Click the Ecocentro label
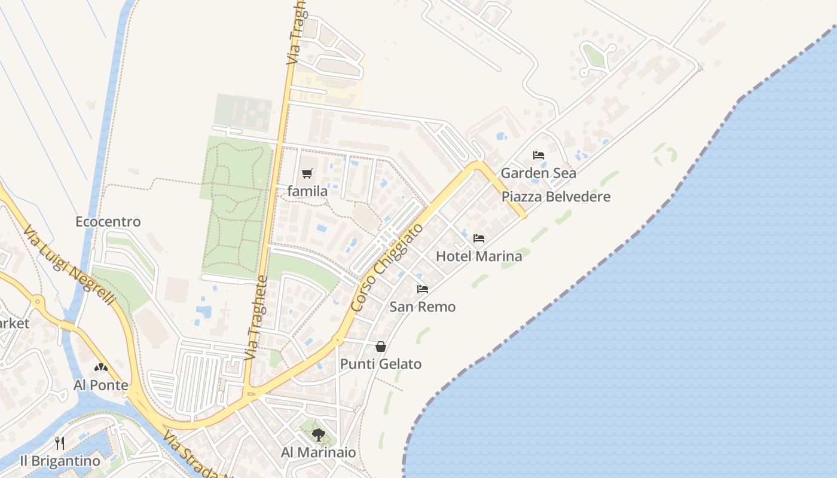coord(108,222)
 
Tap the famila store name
coord(307,191)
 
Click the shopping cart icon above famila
coord(307,174)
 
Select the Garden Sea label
coord(538,173)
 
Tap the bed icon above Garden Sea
coord(539,155)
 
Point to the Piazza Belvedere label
coord(556,197)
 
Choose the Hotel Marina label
coord(479,256)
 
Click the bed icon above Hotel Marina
coord(479,238)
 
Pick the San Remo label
coord(423,307)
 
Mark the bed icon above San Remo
coord(423,289)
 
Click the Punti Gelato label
coord(381,364)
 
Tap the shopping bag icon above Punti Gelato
coord(381,347)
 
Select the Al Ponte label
coord(101,385)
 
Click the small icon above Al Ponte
coord(101,367)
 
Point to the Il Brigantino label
coord(60,461)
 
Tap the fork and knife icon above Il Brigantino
coord(60,443)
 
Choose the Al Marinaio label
coord(319,452)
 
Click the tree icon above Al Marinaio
coord(319,435)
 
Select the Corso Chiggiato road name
coord(387,268)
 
